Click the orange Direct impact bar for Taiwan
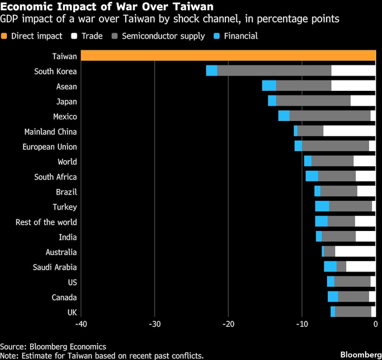(x=228, y=56)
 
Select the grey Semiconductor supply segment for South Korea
(x=274, y=71)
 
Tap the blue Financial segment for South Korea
(x=212, y=71)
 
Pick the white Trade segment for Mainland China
(x=349, y=131)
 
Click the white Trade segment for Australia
(x=355, y=252)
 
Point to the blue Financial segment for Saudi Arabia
(x=330, y=266)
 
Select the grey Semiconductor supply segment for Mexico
(x=330, y=116)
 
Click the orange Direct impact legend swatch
(x=4, y=36)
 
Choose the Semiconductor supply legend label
(x=163, y=36)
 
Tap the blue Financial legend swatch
(x=217, y=36)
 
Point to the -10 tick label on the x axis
(x=302, y=324)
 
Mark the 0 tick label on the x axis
(x=375, y=324)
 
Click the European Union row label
(x=50, y=147)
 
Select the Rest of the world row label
(x=46, y=222)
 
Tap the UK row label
(x=72, y=312)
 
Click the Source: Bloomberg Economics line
(x=53, y=347)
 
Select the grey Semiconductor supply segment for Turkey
(x=350, y=207)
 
